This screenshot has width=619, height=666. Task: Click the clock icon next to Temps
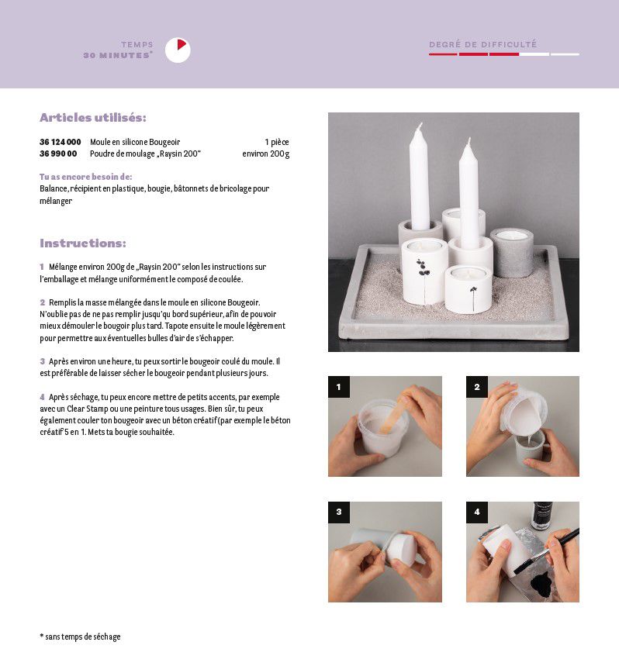point(178,50)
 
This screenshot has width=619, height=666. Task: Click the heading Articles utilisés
point(92,117)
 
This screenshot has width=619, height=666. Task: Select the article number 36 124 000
point(60,142)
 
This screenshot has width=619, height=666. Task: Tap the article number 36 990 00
point(58,154)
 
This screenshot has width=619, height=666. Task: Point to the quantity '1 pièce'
point(277,142)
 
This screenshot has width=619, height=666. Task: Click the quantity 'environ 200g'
point(265,154)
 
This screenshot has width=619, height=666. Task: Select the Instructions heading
point(83,243)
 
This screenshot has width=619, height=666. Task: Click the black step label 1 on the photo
point(339,387)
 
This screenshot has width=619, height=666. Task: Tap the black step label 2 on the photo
point(477,387)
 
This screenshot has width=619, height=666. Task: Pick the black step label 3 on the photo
point(339,512)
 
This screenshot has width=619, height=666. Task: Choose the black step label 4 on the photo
point(477,512)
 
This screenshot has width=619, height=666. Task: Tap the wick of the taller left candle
point(420,126)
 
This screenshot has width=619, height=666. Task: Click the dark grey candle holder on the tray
point(511,252)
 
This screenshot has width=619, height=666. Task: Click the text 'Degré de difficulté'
point(482,44)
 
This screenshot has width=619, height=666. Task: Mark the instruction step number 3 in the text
point(42,361)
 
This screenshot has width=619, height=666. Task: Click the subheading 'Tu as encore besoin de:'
point(86,177)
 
